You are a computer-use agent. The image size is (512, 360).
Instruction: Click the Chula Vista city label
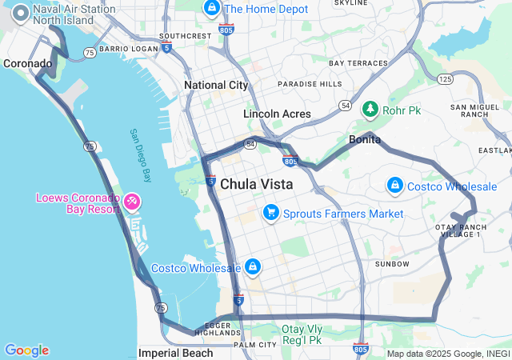pyautogui.click(x=256, y=184)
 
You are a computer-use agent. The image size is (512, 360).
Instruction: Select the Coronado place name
pyautogui.click(x=28, y=63)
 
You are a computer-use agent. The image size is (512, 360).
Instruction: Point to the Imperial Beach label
pyautogui.click(x=176, y=353)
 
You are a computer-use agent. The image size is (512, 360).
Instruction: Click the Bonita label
pyautogui.click(x=365, y=140)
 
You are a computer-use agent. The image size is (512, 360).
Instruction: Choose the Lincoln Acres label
pyautogui.click(x=277, y=114)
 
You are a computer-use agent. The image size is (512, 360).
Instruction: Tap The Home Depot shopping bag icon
pyautogui.click(x=212, y=9)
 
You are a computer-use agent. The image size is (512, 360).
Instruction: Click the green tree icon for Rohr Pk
pyautogui.click(x=370, y=109)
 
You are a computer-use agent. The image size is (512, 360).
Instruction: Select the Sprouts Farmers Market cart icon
pyautogui.click(x=271, y=213)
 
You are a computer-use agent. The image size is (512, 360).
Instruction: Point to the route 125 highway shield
pyautogui.click(x=445, y=78)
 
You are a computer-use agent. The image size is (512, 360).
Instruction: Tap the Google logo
pyautogui.click(x=26, y=350)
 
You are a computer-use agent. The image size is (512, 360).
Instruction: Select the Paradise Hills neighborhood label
pyautogui.click(x=309, y=83)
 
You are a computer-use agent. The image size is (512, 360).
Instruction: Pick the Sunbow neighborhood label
pyautogui.click(x=392, y=264)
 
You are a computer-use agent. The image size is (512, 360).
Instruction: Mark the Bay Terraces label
pyautogui.click(x=358, y=63)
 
